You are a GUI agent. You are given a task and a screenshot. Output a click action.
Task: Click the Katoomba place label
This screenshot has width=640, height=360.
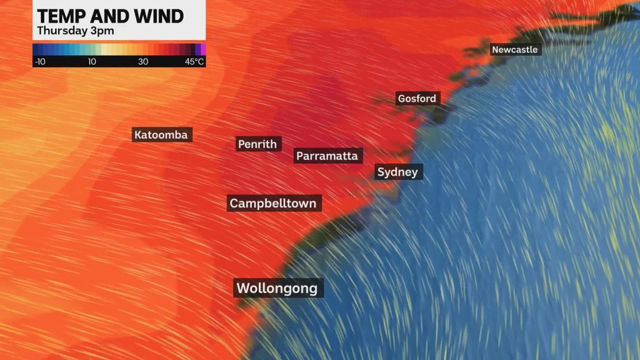pos(162,134)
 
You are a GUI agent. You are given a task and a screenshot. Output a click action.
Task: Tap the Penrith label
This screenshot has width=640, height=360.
pos(258,144)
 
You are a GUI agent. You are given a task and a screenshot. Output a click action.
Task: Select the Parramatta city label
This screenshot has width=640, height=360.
pos(327,156)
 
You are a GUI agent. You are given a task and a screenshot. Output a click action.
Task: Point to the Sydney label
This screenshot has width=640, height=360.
pos(398,172)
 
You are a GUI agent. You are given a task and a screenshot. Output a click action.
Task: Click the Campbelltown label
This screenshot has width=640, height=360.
pos(273,203)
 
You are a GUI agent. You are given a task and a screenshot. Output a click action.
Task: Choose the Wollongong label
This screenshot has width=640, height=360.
pos(278,288)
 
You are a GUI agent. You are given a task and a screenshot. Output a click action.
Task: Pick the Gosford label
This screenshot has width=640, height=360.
pos(417,98)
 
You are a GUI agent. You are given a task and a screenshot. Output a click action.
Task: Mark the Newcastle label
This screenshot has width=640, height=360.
pos(514,49)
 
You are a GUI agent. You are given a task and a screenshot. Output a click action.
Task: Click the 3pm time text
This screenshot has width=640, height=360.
pos(106,31)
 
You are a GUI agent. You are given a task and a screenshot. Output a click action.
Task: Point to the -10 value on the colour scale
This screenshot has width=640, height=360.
pos(39,61)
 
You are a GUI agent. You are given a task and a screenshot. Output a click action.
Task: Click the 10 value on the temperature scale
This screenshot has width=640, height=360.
pos(92,61)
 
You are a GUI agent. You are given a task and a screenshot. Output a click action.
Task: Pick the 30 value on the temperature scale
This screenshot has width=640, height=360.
pos(143,61)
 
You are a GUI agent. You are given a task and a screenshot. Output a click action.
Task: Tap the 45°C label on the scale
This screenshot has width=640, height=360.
pos(194,61)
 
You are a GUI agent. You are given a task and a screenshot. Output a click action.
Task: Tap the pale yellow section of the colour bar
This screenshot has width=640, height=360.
pos(106,49)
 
